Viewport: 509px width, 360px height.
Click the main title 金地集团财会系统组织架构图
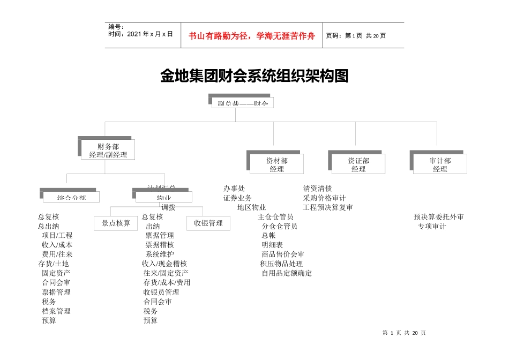pos(254,76)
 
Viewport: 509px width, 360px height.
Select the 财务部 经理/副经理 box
pos(108,150)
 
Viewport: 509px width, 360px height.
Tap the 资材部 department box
pos(277,164)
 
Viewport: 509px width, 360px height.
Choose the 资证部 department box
pos(358,164)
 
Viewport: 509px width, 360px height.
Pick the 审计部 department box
pos(440,164)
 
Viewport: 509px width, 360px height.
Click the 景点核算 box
pos(116,223)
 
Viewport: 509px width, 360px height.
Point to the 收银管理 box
pos(208,223)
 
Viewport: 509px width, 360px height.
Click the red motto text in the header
pos(252,36)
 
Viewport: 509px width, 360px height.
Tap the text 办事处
pos(234,189)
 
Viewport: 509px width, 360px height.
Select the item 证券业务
pos(237,198)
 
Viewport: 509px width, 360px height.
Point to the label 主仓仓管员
pos(275,217)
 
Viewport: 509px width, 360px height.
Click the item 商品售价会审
pos(283,254)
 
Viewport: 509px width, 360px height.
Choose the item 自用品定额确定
pos(287,273)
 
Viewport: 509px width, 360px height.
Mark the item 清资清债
pos(317,189)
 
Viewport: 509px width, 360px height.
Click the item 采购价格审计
pos(324,198)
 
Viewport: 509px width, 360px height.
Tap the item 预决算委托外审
pos(439,217)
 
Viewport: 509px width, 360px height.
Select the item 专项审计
pos(432,226)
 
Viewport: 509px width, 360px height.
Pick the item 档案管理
pos(56,311)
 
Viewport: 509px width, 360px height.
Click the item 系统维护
pos(160,254)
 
